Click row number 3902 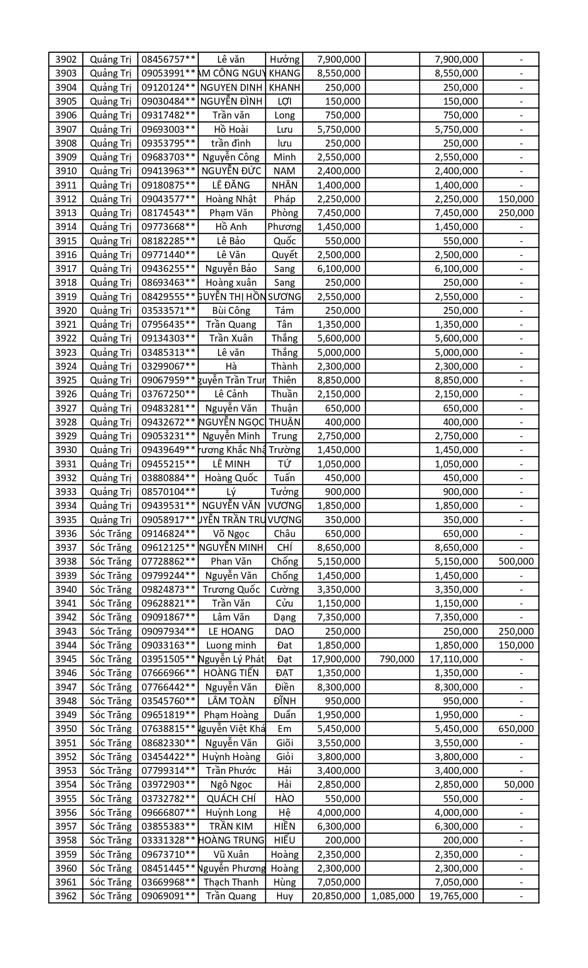pos(66,59)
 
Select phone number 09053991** pos(168,73)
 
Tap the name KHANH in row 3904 pos(284,88)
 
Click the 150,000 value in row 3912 pos(516,199)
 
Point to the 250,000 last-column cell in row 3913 pos(516,213)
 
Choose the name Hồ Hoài pos(231,130)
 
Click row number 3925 pos(66,380)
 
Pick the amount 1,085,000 pos(392,896)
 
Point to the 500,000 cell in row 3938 pos(516,561)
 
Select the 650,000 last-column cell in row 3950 pos(516,729)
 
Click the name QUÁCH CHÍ pos(231,799)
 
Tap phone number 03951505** pos(168,659)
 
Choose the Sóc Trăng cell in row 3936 pos(111,534)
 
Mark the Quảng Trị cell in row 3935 pos(111,520)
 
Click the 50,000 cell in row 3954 pos(519,785)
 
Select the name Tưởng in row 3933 pos(284,492)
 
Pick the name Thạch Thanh pos(231,882)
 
